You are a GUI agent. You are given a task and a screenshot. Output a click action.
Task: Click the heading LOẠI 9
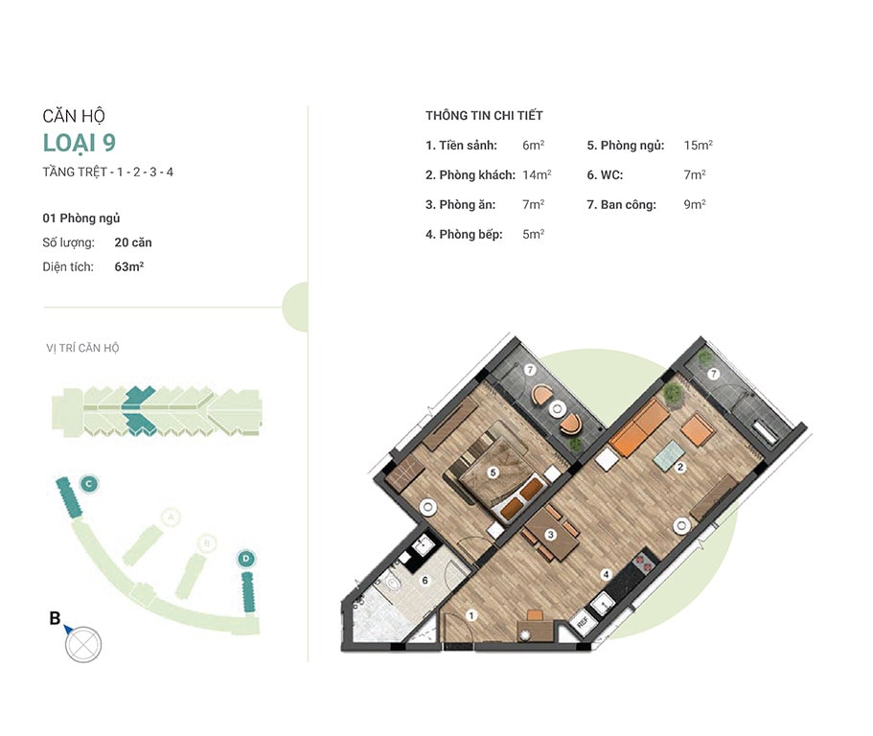pyautogui.click(x=80, y=143)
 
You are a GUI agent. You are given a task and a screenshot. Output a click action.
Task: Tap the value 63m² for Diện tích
pyautogui.click(x=129, y=266)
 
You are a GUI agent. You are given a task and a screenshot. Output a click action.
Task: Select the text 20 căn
pyautogui.click(x=133, y=242)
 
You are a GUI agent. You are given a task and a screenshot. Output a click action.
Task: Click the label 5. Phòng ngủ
pyautogui.click(x=625, y=146)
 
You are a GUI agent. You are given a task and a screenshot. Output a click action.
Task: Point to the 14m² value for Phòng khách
pyautogui.click(x=537, y=174)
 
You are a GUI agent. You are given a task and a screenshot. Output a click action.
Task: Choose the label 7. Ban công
pyautogui.click(x=621, y=205)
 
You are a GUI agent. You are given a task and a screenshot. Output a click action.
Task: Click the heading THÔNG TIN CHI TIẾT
pyautogui.click(x=484, y=116)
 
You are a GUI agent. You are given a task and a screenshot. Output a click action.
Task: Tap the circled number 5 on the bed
pyautogui.click(x=493, y=472)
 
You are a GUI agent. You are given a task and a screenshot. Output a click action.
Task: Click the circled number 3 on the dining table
pyautogui.click(x=550, y=535)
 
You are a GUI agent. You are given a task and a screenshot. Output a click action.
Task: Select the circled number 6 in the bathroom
pyautogui.click(x=425, y=580)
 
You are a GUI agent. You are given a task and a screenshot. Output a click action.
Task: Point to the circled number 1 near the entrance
pyautogui.click(x=471, y=615)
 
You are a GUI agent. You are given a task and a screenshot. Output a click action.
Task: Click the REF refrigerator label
pyautogui.click(x=583, y=622)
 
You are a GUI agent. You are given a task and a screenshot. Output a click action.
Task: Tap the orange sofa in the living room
pyautogui.click(x=640, y=427)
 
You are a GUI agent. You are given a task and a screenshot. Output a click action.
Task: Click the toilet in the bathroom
pyautogui.click(x=392, y=583)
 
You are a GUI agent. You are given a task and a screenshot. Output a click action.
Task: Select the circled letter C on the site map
pyautogui.click(x=89, y=484)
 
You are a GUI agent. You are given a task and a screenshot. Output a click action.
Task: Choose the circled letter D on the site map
pyautogui.click(x=245, y=559)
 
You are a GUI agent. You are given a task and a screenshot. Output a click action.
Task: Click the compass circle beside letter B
pyautogui.click(x=83, y=645)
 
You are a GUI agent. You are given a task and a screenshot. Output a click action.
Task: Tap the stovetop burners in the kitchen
pyautogui.click(x=644, y=563)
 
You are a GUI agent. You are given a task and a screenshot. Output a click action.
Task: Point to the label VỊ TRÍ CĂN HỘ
pyautogui.click(x=82, y=349)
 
